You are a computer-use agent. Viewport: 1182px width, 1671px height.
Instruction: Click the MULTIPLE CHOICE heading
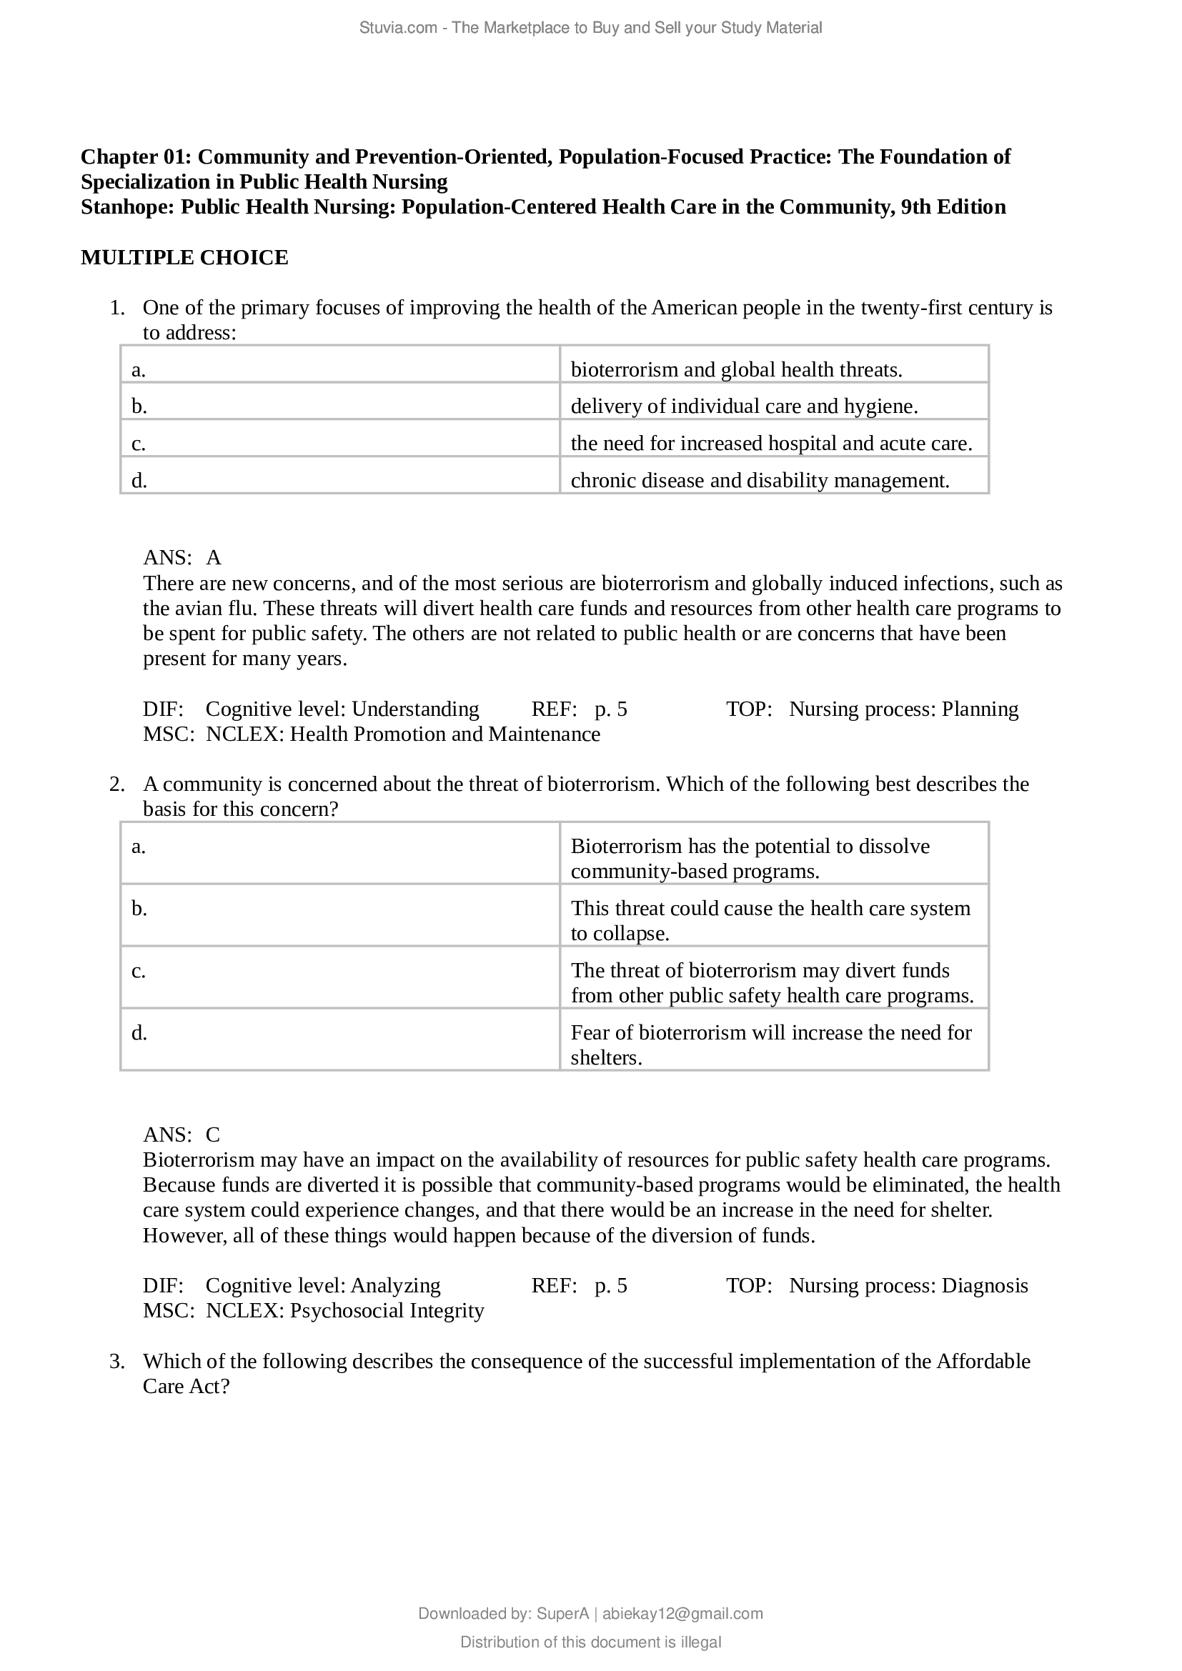(x=184, y=258)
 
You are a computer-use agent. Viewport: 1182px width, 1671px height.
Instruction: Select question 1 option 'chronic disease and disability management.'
(x=760, y=480)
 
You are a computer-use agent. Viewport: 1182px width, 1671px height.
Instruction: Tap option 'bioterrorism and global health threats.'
(x=736, y=370)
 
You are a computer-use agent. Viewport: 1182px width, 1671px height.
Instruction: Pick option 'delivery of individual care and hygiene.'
(x=744, y=406)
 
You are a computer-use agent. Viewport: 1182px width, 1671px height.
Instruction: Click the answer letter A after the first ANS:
(x=213, y=557)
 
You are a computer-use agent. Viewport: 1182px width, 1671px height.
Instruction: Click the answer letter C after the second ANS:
(x=212, y=1134)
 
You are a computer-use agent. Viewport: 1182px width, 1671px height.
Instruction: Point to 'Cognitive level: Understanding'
(x=342, y=709)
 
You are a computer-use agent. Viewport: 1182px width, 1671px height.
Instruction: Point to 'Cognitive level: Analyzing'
(x=323, y=1285)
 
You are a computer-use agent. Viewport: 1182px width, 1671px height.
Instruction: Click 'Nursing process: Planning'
(x=903, y=709)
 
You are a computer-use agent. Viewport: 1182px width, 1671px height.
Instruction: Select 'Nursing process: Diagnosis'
(x=908, y=1285)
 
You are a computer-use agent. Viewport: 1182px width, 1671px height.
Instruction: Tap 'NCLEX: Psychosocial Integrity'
(x=345, y=1310)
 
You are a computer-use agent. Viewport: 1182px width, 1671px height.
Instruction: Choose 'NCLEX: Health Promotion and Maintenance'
(x=402, y=734)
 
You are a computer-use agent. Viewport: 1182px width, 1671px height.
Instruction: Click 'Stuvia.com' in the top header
(x=397, y=28)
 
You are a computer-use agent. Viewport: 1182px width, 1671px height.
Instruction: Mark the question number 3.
(x=116, y=1361)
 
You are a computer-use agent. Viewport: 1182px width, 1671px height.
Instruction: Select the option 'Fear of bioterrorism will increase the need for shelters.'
(x=771, y=1044)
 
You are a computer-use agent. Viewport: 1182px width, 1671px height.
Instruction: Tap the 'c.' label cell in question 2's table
(x=139, y=971)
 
